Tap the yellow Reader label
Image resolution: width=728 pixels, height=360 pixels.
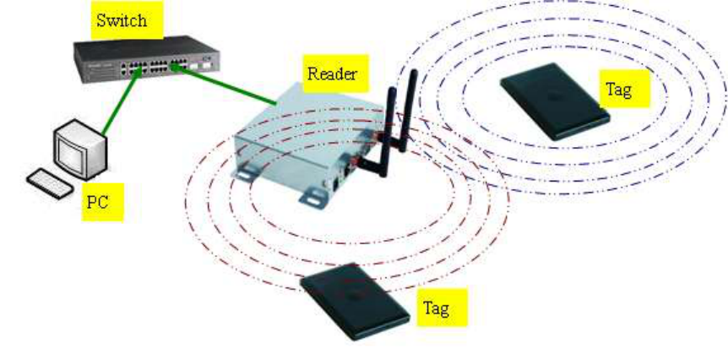[332, 74]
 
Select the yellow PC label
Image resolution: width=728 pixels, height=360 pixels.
[101, 202]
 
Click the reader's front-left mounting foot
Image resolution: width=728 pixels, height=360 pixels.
[245, 172]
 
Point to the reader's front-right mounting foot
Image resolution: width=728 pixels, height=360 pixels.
[312, 197]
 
